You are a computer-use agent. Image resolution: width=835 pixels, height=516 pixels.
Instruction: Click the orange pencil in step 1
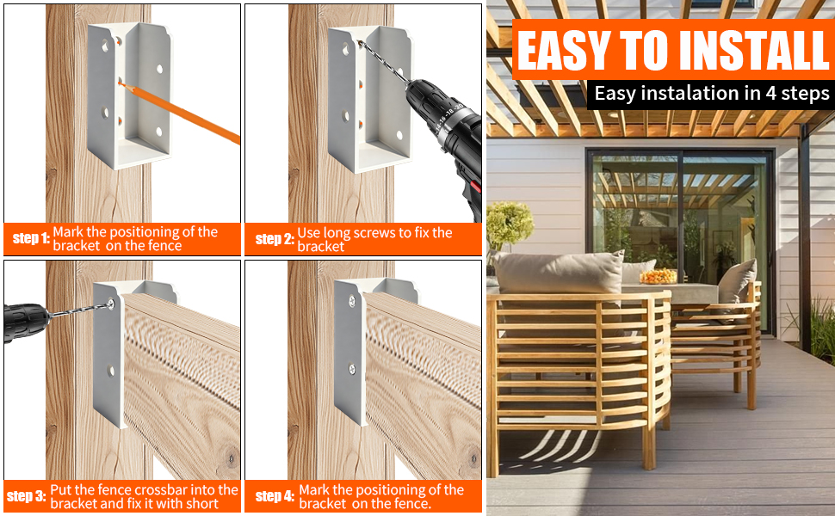coord(179,112)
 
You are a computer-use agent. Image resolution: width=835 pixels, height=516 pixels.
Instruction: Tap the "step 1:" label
coord(31,237)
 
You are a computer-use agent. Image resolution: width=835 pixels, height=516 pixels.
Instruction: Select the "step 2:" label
coord(275,239)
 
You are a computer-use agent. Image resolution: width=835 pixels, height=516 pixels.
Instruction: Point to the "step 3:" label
coord(27,496)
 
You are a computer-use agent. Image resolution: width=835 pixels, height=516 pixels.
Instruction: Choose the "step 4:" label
coord(275,496)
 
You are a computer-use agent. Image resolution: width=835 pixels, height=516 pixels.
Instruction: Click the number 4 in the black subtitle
coord(770,94)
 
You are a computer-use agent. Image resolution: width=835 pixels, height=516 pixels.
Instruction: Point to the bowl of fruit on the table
coord(659,277)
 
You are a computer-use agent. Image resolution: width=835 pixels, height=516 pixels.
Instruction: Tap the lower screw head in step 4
coord(352,368)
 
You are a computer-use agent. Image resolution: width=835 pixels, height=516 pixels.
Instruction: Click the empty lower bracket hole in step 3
coord(111,371)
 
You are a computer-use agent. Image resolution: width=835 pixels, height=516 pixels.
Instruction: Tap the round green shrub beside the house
coord(510,224)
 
